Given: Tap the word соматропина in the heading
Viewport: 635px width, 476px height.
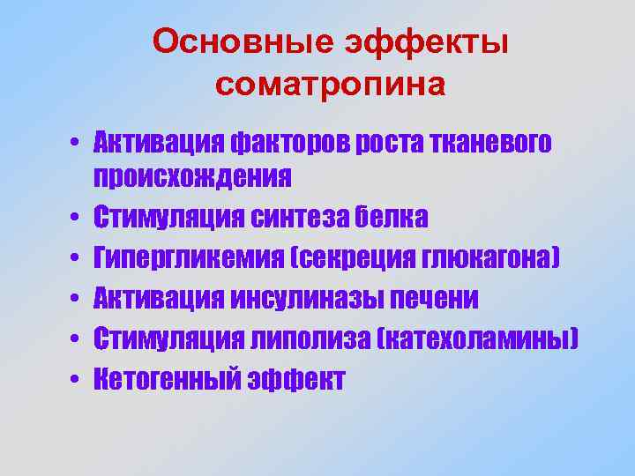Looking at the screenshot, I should [x=331, y=85].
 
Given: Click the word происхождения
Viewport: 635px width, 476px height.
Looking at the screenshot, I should [x=193, y=178].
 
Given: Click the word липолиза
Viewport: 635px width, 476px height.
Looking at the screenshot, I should [x=316, y=339].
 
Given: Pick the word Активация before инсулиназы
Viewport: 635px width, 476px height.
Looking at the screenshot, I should [x=160, y=299].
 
